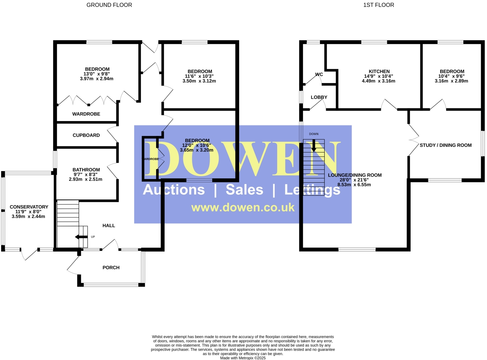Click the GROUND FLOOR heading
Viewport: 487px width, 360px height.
click(x=109, y=5)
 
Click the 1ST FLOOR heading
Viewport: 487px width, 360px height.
click(x=378, y=5)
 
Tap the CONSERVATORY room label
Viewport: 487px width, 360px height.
click(x=29, y=207)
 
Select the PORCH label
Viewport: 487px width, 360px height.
click(x=111, y=268)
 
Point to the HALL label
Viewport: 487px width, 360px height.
click(x=109, y=225)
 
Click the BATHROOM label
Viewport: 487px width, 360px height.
click(x=86, y=170)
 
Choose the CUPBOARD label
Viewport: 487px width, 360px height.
click(x=86, y=135)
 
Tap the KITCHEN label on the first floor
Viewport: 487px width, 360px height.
click(x=379, y=71)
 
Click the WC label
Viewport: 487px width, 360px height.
click(x=319, y=75)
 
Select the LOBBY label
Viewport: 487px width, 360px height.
click(x=319, y=97)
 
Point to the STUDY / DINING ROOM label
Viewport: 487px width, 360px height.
click(x=445, y=145)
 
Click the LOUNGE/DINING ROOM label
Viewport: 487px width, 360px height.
click(x=354, y=175)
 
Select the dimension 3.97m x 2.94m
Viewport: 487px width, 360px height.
click(x=96, y=79)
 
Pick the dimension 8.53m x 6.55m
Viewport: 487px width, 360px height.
click(x=354, y=185)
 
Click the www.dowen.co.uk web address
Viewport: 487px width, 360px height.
click(x=243, y=207)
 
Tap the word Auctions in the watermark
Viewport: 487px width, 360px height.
click(x=174, y=190)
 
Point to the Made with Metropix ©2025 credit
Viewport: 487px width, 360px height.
click(x=243, y=358)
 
